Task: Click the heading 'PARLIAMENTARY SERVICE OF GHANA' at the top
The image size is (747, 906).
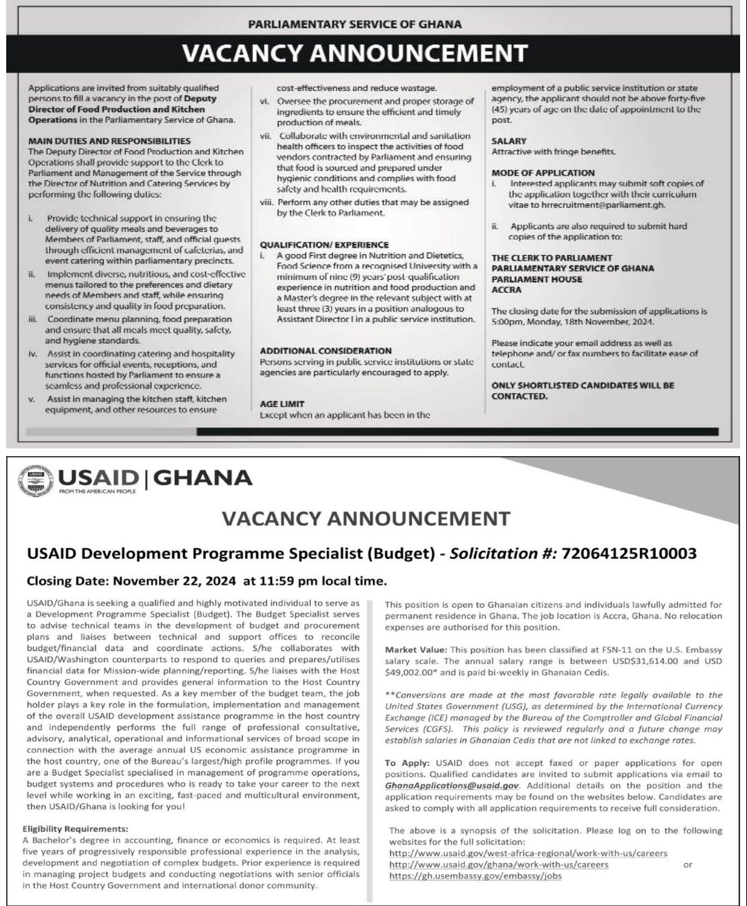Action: click(x=354, y=24)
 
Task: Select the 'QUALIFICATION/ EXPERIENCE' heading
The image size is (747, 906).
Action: click(x=324, y=245)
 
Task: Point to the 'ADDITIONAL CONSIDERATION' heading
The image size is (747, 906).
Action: click(x=325, y=350)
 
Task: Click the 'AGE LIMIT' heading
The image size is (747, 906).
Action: click(x=283, y=404)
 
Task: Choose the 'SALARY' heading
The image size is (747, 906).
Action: click(x=509, y=141)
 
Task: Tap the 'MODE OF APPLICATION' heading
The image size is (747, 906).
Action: click(x=542, y=172)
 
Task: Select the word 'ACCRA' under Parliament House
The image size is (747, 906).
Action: click(x=506, y=290)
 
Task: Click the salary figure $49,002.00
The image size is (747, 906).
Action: click(x=414, y=672)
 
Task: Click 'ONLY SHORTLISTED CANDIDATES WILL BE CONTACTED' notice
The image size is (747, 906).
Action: click(x=582, y=390)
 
